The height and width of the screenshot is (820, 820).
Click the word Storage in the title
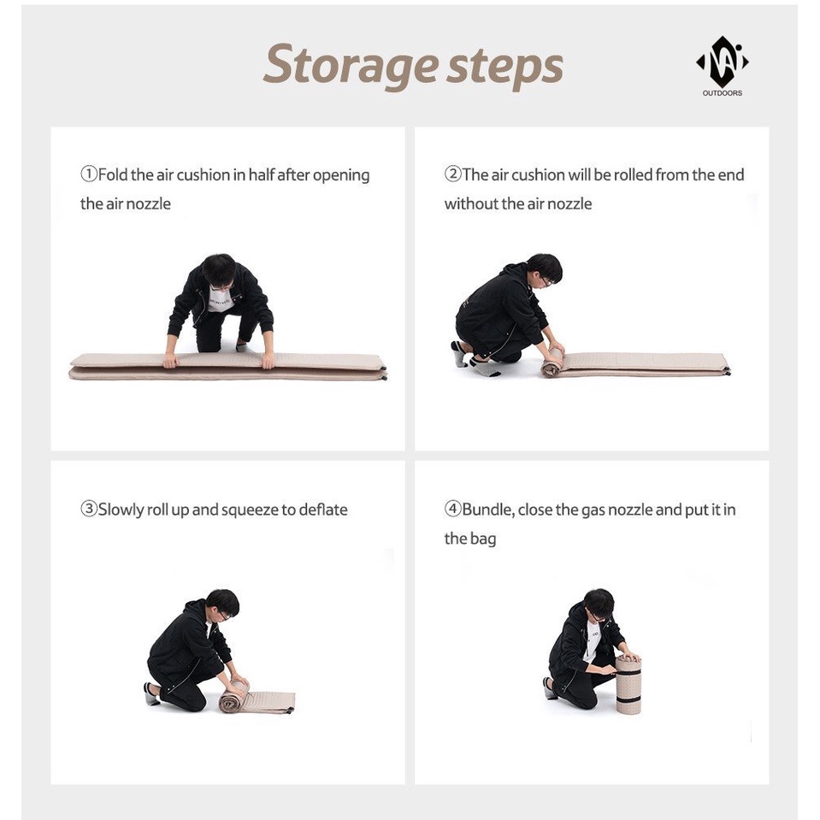click(351, 66)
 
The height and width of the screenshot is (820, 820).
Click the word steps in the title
click(505, 66)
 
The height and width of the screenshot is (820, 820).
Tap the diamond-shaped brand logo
click(723, 62)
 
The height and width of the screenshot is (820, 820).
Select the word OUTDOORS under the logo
click(723, 93)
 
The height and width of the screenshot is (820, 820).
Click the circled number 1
click(88, 174)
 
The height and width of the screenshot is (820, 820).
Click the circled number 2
click(452, 174)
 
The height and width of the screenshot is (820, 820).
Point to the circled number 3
click(88, 509)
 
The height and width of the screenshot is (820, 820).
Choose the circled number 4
click(452, 509)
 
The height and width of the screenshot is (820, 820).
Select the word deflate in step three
click(323, 510)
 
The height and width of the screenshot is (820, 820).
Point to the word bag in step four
click(484, 540)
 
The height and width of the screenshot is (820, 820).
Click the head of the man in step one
click(219, 271)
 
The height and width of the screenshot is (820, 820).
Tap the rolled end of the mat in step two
click(552, 363)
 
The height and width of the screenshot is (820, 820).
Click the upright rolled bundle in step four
click(628, 685)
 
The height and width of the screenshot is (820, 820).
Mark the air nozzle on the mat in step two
click(727, 371)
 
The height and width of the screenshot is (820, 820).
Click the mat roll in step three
click(233, 697)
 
